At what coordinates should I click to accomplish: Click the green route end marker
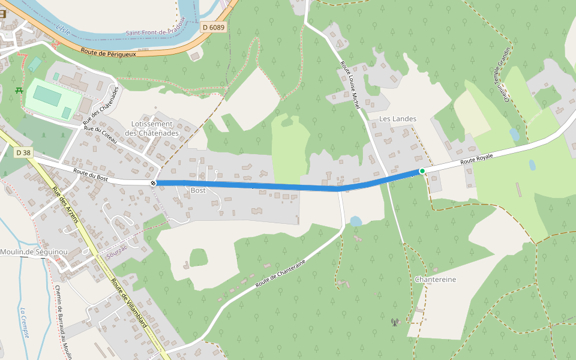(x=422, y=171)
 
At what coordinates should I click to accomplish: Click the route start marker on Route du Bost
(x=153, y=183)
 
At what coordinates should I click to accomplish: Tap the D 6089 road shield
(x=214, y=27)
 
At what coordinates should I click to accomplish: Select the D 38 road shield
(x=23, y=153)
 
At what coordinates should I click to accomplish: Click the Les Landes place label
(x=398, y=119)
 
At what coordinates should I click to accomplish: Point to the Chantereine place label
(x=436, y=280)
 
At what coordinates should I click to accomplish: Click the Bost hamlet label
(x=198, y=190)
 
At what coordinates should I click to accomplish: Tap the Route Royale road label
(x=476, y=159)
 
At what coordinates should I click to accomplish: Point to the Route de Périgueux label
(x=108, y=53)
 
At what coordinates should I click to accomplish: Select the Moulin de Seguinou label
(x=34, y=252)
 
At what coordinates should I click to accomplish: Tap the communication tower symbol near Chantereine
(x=394, y=323)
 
